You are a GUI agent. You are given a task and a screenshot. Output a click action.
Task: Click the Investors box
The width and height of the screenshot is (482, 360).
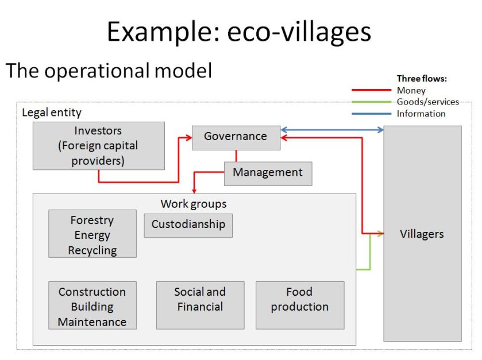98,145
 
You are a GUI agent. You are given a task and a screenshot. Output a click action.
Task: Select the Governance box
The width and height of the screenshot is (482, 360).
236,137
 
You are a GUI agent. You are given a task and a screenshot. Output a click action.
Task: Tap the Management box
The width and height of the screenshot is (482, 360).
268,173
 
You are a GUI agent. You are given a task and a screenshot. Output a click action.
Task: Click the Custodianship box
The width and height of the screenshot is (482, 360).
188,224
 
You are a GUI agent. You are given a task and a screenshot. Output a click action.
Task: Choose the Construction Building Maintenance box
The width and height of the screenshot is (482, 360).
92,307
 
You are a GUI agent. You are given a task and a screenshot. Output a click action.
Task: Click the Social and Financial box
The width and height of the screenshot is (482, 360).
200,299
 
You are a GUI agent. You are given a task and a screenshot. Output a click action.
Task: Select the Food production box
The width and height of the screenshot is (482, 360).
299,299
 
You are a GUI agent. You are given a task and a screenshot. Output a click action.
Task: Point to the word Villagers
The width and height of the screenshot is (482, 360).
422,234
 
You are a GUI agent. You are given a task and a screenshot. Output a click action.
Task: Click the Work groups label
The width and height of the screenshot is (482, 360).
194,204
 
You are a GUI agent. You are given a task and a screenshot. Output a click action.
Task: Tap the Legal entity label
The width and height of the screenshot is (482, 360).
52,113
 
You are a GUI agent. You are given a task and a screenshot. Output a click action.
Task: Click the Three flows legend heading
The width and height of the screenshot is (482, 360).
421,79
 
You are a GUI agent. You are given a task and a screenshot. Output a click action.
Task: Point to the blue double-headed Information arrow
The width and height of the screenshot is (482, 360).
332,130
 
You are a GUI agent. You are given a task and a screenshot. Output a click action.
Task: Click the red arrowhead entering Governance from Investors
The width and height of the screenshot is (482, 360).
188,138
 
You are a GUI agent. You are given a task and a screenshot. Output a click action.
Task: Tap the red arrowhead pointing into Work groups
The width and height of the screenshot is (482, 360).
195,190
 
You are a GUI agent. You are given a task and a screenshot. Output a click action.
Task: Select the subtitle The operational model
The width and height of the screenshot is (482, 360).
109,71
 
